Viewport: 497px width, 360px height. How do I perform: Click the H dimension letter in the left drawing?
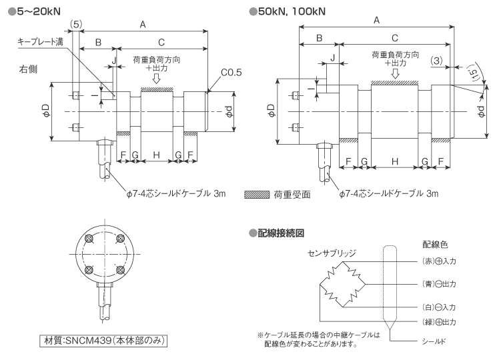156,155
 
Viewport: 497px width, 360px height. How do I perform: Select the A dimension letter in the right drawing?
377,20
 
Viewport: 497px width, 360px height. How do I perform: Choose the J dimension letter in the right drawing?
332,59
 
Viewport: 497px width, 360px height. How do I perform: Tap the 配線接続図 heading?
280,233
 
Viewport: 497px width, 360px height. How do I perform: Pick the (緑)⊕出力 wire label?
438,322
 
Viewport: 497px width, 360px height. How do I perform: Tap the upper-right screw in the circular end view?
121,239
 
